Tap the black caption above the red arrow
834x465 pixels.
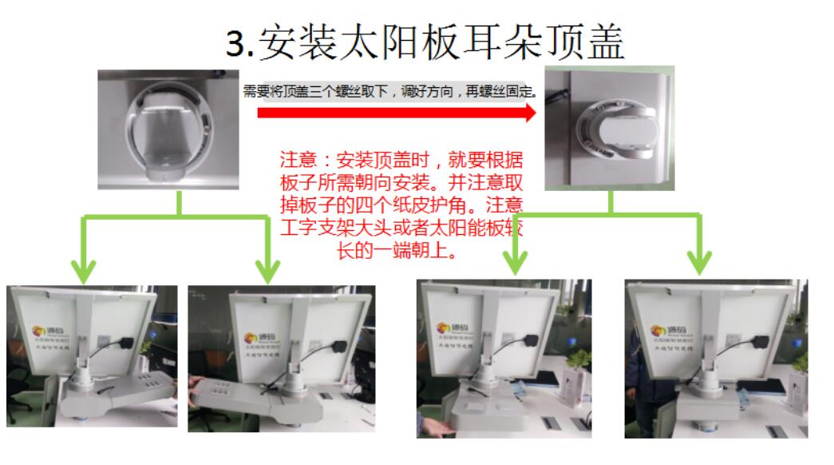pyautogui.click(x=389, y=92)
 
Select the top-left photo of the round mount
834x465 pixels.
pyautogui.click(x=168, y=129)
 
